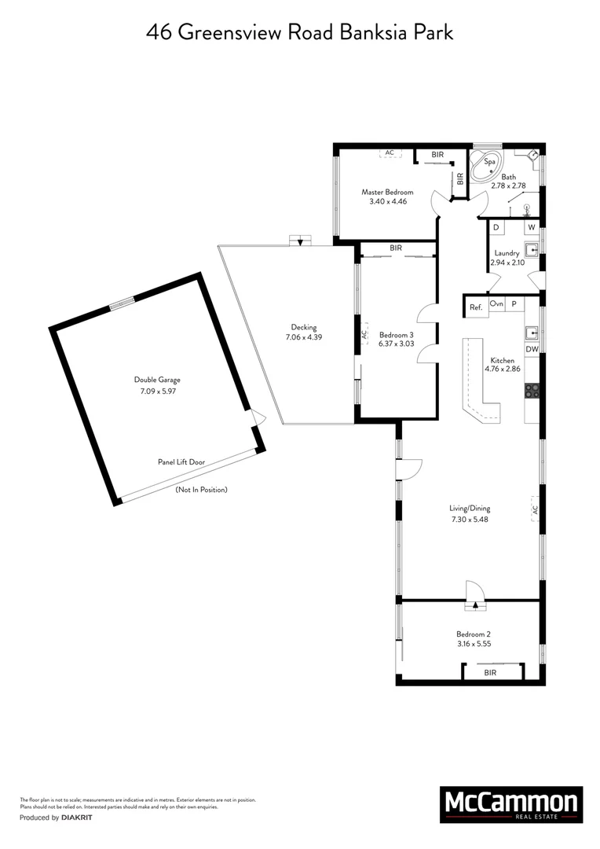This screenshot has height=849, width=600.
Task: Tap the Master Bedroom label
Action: tap(387, 192)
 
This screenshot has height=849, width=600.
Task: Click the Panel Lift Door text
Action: tap(181, 462)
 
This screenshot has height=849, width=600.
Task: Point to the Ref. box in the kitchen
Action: tap(475, 307)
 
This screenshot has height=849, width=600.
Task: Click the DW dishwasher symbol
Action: tap(532, 349)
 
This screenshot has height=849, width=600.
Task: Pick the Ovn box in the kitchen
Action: tap(496, 303)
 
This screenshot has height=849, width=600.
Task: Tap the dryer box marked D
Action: tap(496, 227)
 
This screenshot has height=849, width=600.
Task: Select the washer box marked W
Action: tap(531, 227)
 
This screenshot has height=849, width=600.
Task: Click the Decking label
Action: tap(303, 328)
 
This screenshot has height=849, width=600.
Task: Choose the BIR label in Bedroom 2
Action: tap(490, 673)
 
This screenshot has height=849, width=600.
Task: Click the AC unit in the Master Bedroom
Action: tap(390, 153)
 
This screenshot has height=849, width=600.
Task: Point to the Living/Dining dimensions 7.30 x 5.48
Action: tap(465, 519)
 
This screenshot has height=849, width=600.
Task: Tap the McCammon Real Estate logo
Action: tap(511, 804)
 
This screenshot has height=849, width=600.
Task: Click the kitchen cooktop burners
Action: tap(532, 389)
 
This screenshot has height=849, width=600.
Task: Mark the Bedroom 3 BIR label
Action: tap(396, 248)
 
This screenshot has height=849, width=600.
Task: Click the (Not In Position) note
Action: tap(201, 490)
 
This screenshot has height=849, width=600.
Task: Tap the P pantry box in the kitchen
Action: tap(514, 303)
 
